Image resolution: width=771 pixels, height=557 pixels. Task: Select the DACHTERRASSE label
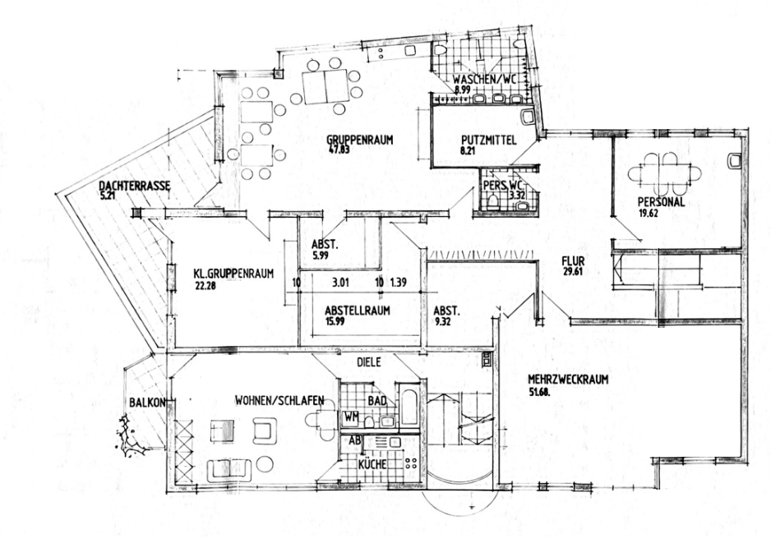tap(134, 186)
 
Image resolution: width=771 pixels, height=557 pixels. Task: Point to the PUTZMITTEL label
tap(488, 140)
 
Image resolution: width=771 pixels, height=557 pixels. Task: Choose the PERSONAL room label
tap(663, 203)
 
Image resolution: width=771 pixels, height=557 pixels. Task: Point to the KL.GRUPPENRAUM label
tap(233, 274)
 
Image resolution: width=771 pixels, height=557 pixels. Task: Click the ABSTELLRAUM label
tap(357, 311)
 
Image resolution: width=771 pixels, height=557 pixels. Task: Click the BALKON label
tap(148, 403)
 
